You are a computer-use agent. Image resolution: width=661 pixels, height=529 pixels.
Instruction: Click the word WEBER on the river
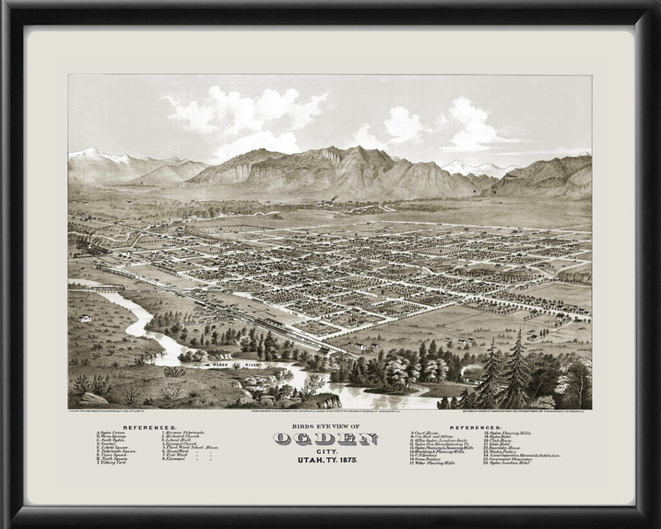(215, 366)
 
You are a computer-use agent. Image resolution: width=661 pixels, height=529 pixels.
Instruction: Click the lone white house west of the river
(85, 318)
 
